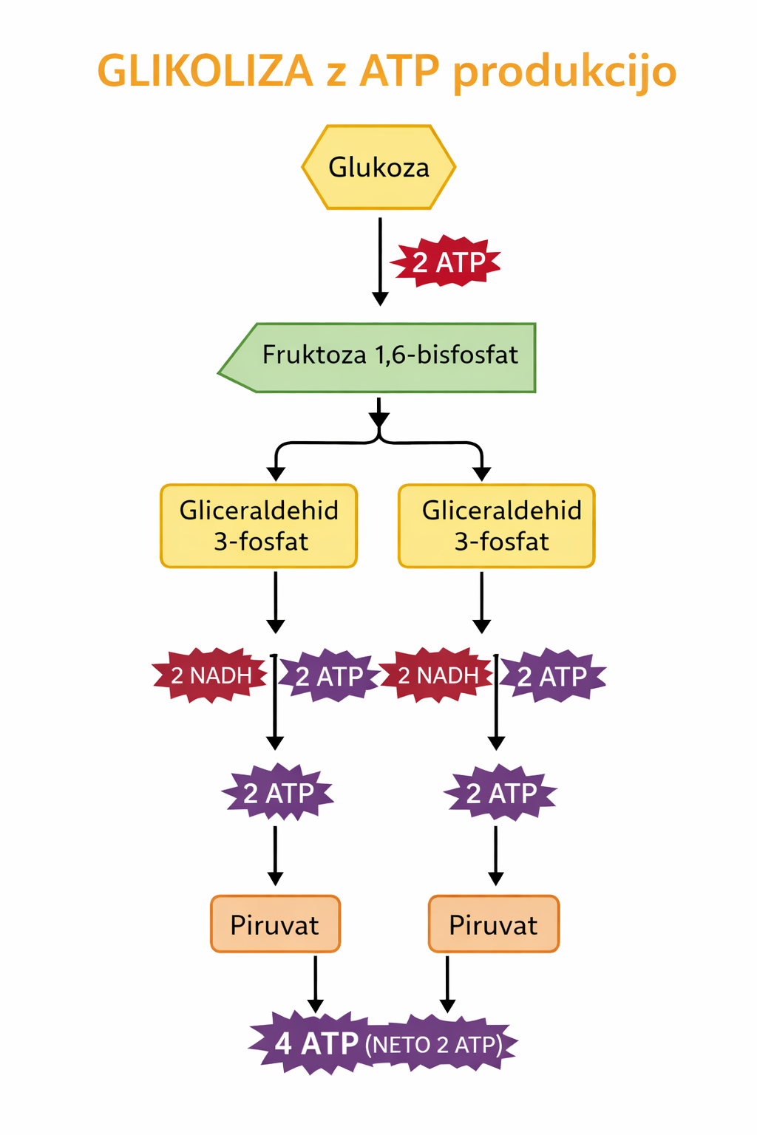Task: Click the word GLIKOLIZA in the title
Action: pos(206,72)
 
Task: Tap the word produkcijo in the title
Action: pos(564,72)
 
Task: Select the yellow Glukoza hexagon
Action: pos(378,168)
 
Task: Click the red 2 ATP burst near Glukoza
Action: pos(447,262)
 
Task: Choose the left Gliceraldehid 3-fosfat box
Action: pos(259,526)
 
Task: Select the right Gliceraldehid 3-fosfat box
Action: pos(497,526)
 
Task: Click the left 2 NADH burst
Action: pos(211,675)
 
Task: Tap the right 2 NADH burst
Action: pos(437,675)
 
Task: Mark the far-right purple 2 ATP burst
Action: pos(553,675)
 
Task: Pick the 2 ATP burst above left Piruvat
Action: pos(278,794)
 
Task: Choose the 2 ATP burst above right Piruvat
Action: pos(500,794)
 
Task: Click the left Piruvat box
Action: pos(275,924)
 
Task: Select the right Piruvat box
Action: pos(494,924)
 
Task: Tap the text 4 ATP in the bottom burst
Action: pos(316,1044)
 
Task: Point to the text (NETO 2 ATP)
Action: pos(434,1045)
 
